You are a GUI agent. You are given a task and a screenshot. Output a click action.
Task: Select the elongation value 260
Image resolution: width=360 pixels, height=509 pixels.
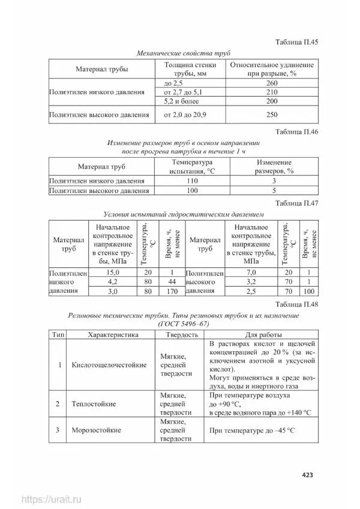[271, 83]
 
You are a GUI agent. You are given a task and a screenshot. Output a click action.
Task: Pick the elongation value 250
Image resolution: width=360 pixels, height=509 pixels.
[271, 115]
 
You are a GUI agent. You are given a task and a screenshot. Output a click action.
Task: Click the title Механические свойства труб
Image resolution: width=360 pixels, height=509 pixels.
[184, 53]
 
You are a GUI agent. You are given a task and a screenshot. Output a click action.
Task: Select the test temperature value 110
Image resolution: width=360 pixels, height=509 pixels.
[192, 180]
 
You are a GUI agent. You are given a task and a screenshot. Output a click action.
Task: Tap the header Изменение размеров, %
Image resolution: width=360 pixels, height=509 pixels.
[274, 166]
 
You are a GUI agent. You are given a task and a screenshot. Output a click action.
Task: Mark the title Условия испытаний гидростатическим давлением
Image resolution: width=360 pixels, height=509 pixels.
[183, 213]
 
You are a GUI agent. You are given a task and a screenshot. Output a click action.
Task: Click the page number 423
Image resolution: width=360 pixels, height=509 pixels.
[307, 475]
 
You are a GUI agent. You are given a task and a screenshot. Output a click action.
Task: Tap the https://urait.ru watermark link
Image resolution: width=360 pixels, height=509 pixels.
[51, 498]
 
